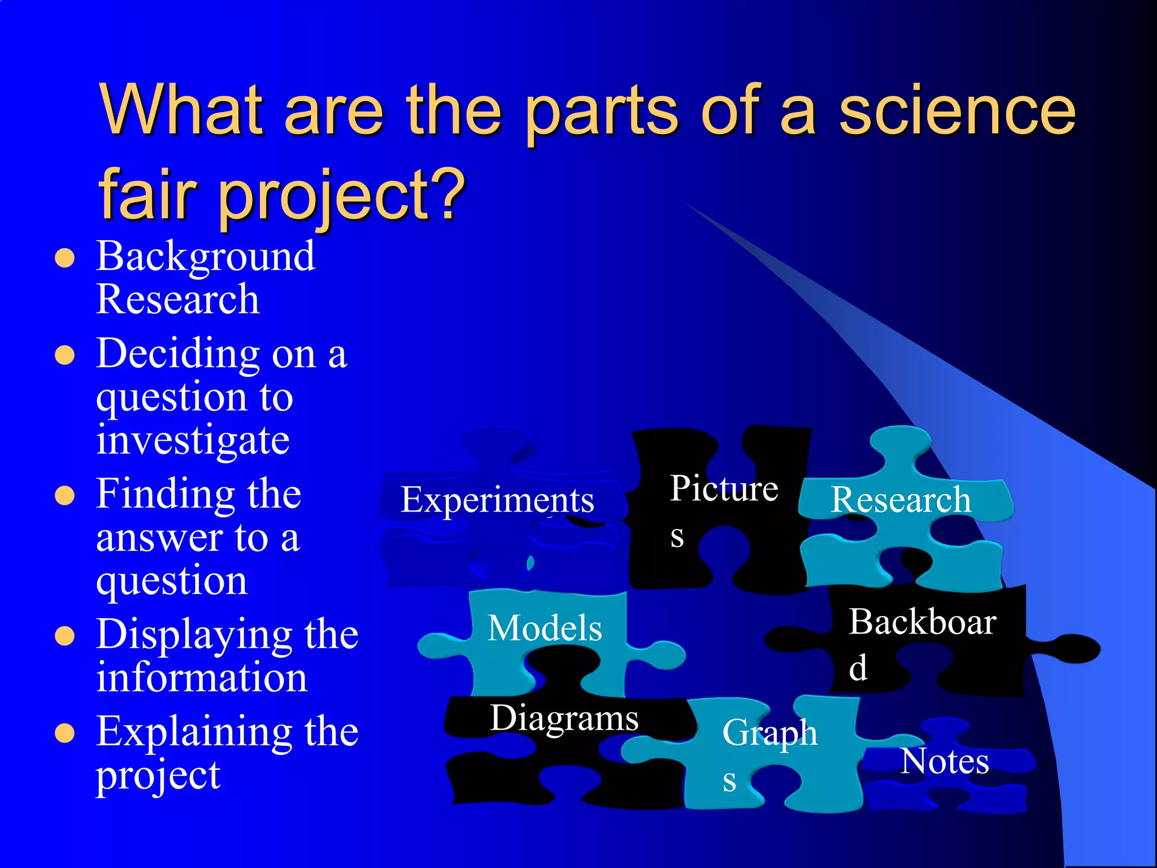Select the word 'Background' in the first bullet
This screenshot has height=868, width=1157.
coord(206,257)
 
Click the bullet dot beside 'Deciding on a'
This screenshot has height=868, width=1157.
coord(65,355)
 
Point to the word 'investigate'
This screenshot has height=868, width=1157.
coord(193,440)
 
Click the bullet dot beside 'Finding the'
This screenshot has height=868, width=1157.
coord(65,496)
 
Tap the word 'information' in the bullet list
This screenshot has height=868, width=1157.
coord(202,678)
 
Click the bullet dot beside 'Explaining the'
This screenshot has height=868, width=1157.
coord(65,733)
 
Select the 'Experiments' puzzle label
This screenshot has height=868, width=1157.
coord(497,500)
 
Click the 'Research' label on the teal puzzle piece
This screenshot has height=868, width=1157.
coord(901,500)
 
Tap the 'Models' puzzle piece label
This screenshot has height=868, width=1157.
coord(545,628)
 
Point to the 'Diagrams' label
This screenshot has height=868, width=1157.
coord(564,718)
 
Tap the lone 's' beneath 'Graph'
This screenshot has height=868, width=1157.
coord(729,782)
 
